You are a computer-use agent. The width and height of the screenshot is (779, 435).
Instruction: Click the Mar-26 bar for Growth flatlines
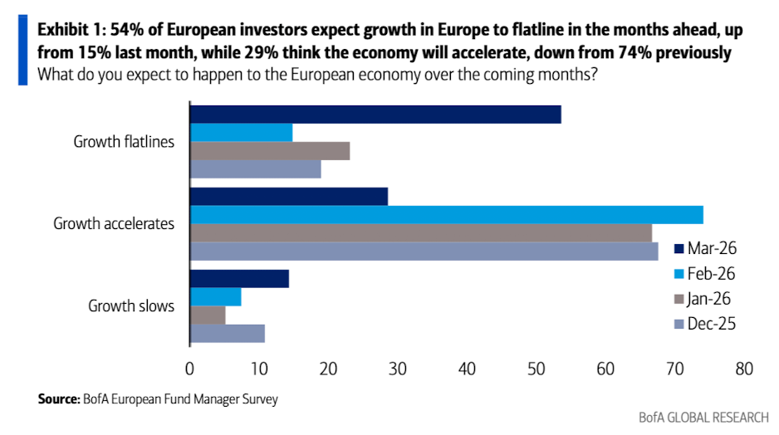tap(375, 115)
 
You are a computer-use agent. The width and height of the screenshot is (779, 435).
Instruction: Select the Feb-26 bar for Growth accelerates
tap(447, 215)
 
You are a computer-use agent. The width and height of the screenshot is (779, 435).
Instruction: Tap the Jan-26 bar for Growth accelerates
tap(421, 233)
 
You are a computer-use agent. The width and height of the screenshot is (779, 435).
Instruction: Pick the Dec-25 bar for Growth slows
tap(228, 334)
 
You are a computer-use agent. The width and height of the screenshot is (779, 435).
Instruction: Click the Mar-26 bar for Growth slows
tap(240, 279)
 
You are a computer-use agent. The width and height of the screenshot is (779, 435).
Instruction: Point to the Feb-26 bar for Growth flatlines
tap(242, 133)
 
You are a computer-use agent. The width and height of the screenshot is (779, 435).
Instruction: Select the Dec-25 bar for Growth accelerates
tap(424, 252)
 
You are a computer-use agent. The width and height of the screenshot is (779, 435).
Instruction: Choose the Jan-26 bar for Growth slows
tap(208, 315)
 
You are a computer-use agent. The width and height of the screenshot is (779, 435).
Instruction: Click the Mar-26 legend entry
tap(705, 248)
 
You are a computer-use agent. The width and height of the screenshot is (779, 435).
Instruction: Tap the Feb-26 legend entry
tap(705, 273)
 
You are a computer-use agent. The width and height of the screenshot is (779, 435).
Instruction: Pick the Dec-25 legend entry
tap(705, 323)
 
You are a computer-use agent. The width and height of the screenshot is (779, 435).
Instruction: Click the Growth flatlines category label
tap(124, 141)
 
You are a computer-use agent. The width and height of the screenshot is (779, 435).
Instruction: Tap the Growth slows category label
tap(131, 306)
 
